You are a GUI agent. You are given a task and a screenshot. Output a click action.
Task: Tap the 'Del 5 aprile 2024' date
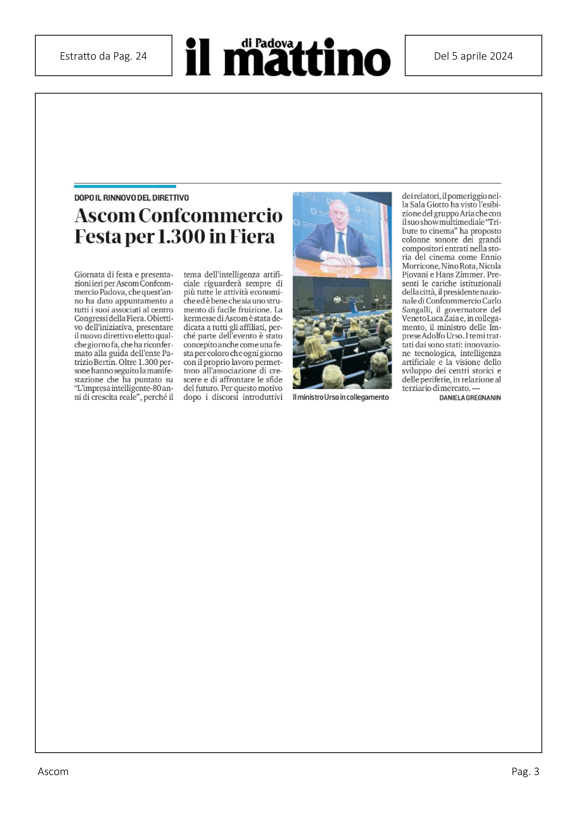coord(473,56)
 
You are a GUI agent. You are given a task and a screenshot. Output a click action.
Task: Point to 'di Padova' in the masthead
coord(267,43)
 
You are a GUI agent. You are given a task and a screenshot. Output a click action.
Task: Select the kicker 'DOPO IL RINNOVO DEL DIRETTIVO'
coord(131,198)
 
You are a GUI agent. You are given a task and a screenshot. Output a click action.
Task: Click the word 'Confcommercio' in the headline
coord(211,216)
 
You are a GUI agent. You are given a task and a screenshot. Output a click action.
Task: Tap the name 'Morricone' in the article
coord(419,266)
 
